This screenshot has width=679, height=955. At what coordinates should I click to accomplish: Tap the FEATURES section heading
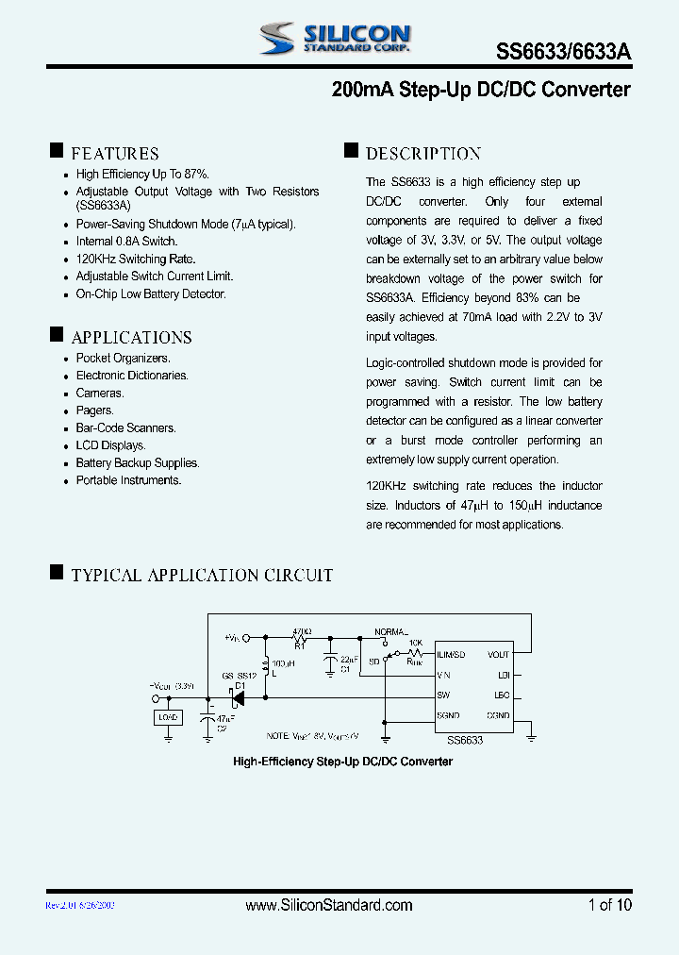115,154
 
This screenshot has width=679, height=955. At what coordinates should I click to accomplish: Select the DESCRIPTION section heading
423,154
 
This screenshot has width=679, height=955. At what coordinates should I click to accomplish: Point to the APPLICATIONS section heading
131,338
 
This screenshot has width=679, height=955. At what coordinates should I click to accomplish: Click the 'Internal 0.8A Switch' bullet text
126,242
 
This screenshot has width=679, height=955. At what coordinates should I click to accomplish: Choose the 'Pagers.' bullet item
94,410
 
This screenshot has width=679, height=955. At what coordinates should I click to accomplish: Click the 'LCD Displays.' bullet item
110,445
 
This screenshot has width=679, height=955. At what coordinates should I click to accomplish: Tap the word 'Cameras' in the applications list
99,394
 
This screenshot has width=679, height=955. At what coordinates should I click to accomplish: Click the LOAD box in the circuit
168,717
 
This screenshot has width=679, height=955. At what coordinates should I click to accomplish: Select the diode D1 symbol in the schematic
237,698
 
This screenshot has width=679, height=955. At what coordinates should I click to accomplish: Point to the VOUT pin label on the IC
498,655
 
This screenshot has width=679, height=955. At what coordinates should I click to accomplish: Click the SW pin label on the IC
443,695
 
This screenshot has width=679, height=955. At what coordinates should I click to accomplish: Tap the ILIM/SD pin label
451,655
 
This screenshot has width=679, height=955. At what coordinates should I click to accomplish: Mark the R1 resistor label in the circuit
300,646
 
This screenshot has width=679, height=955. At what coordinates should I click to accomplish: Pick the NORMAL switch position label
390,630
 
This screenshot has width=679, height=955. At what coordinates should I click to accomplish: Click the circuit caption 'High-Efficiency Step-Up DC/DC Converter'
342,762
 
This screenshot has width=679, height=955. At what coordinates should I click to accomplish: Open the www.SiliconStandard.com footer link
329,905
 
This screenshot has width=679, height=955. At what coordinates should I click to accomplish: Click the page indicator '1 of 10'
609,905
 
